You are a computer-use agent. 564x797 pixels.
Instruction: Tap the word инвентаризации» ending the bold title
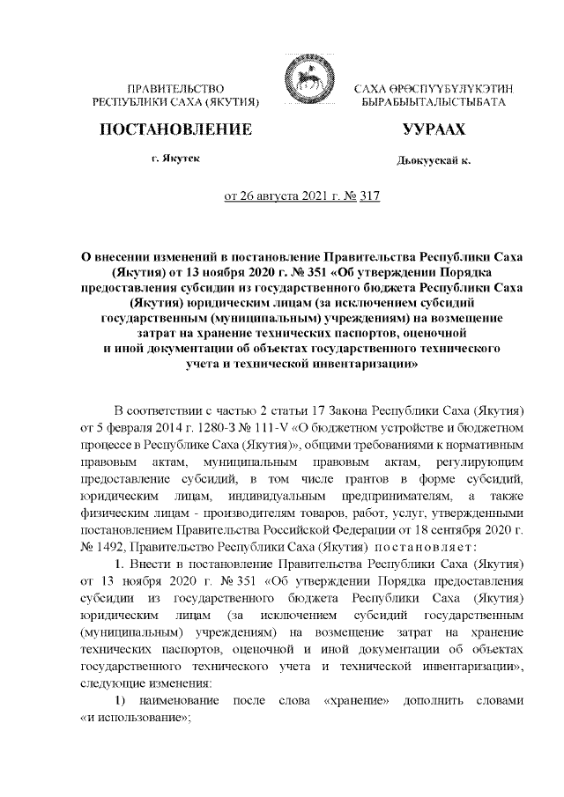point(363,363)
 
